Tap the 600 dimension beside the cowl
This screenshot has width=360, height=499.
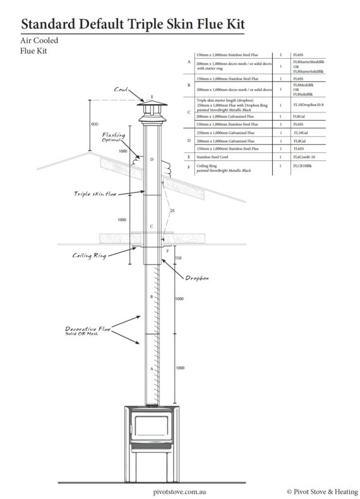point(94,124)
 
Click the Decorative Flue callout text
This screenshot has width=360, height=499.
point(88,331)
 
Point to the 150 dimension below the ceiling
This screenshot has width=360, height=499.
point(178,258)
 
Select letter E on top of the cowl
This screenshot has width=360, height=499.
point(152,97)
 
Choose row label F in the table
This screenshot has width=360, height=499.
point(189,167)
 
